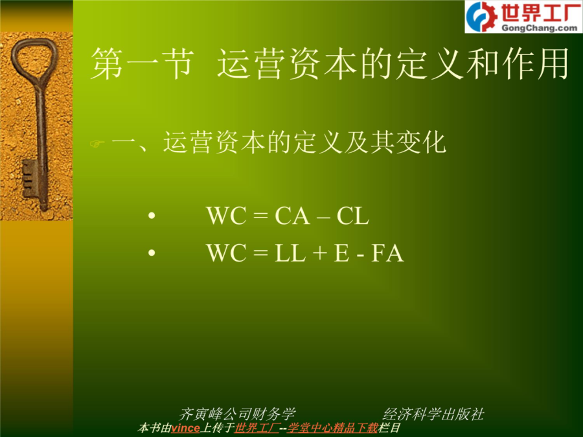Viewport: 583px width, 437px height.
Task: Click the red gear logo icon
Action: pyautogui.click(x=482, y=16)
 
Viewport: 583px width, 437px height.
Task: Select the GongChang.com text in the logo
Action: pyautogui.click(x=539, y=28)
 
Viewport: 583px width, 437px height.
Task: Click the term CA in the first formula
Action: pyautogui.click(x=292, y=216)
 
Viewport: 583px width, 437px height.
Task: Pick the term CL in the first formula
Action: pyautogui.click(x=353, y=216)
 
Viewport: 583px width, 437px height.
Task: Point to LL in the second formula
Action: pyautogui.click(x=290, y=253)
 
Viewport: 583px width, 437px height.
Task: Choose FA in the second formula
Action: pyautogui.click(x=387, y=253)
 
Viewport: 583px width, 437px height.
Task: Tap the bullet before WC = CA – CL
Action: pyautogui.click(x=152, y=215)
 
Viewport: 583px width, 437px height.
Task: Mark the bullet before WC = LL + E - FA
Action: pyautogui.click(x=152, y=252)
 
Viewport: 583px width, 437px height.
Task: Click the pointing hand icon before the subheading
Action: pyautogui.click(x=97, y=144)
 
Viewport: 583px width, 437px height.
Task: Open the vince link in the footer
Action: pyautogui.click(x=185, y=428)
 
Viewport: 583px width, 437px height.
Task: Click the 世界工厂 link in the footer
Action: pyautogui.click(x=257, y=428)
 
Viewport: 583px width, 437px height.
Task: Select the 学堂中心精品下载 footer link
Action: pyautogui.click(x=332, y=428)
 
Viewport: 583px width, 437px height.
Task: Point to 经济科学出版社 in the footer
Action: pyautogui.click(x=433, y=414)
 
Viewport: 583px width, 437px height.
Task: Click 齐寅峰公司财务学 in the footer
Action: pyautogui.click(x=237, y=414)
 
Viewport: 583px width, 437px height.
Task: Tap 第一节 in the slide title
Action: pyautogui.click(x=142, y=63)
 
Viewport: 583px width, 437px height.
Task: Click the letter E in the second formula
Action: pyautogui.click(x=341, y=253)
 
